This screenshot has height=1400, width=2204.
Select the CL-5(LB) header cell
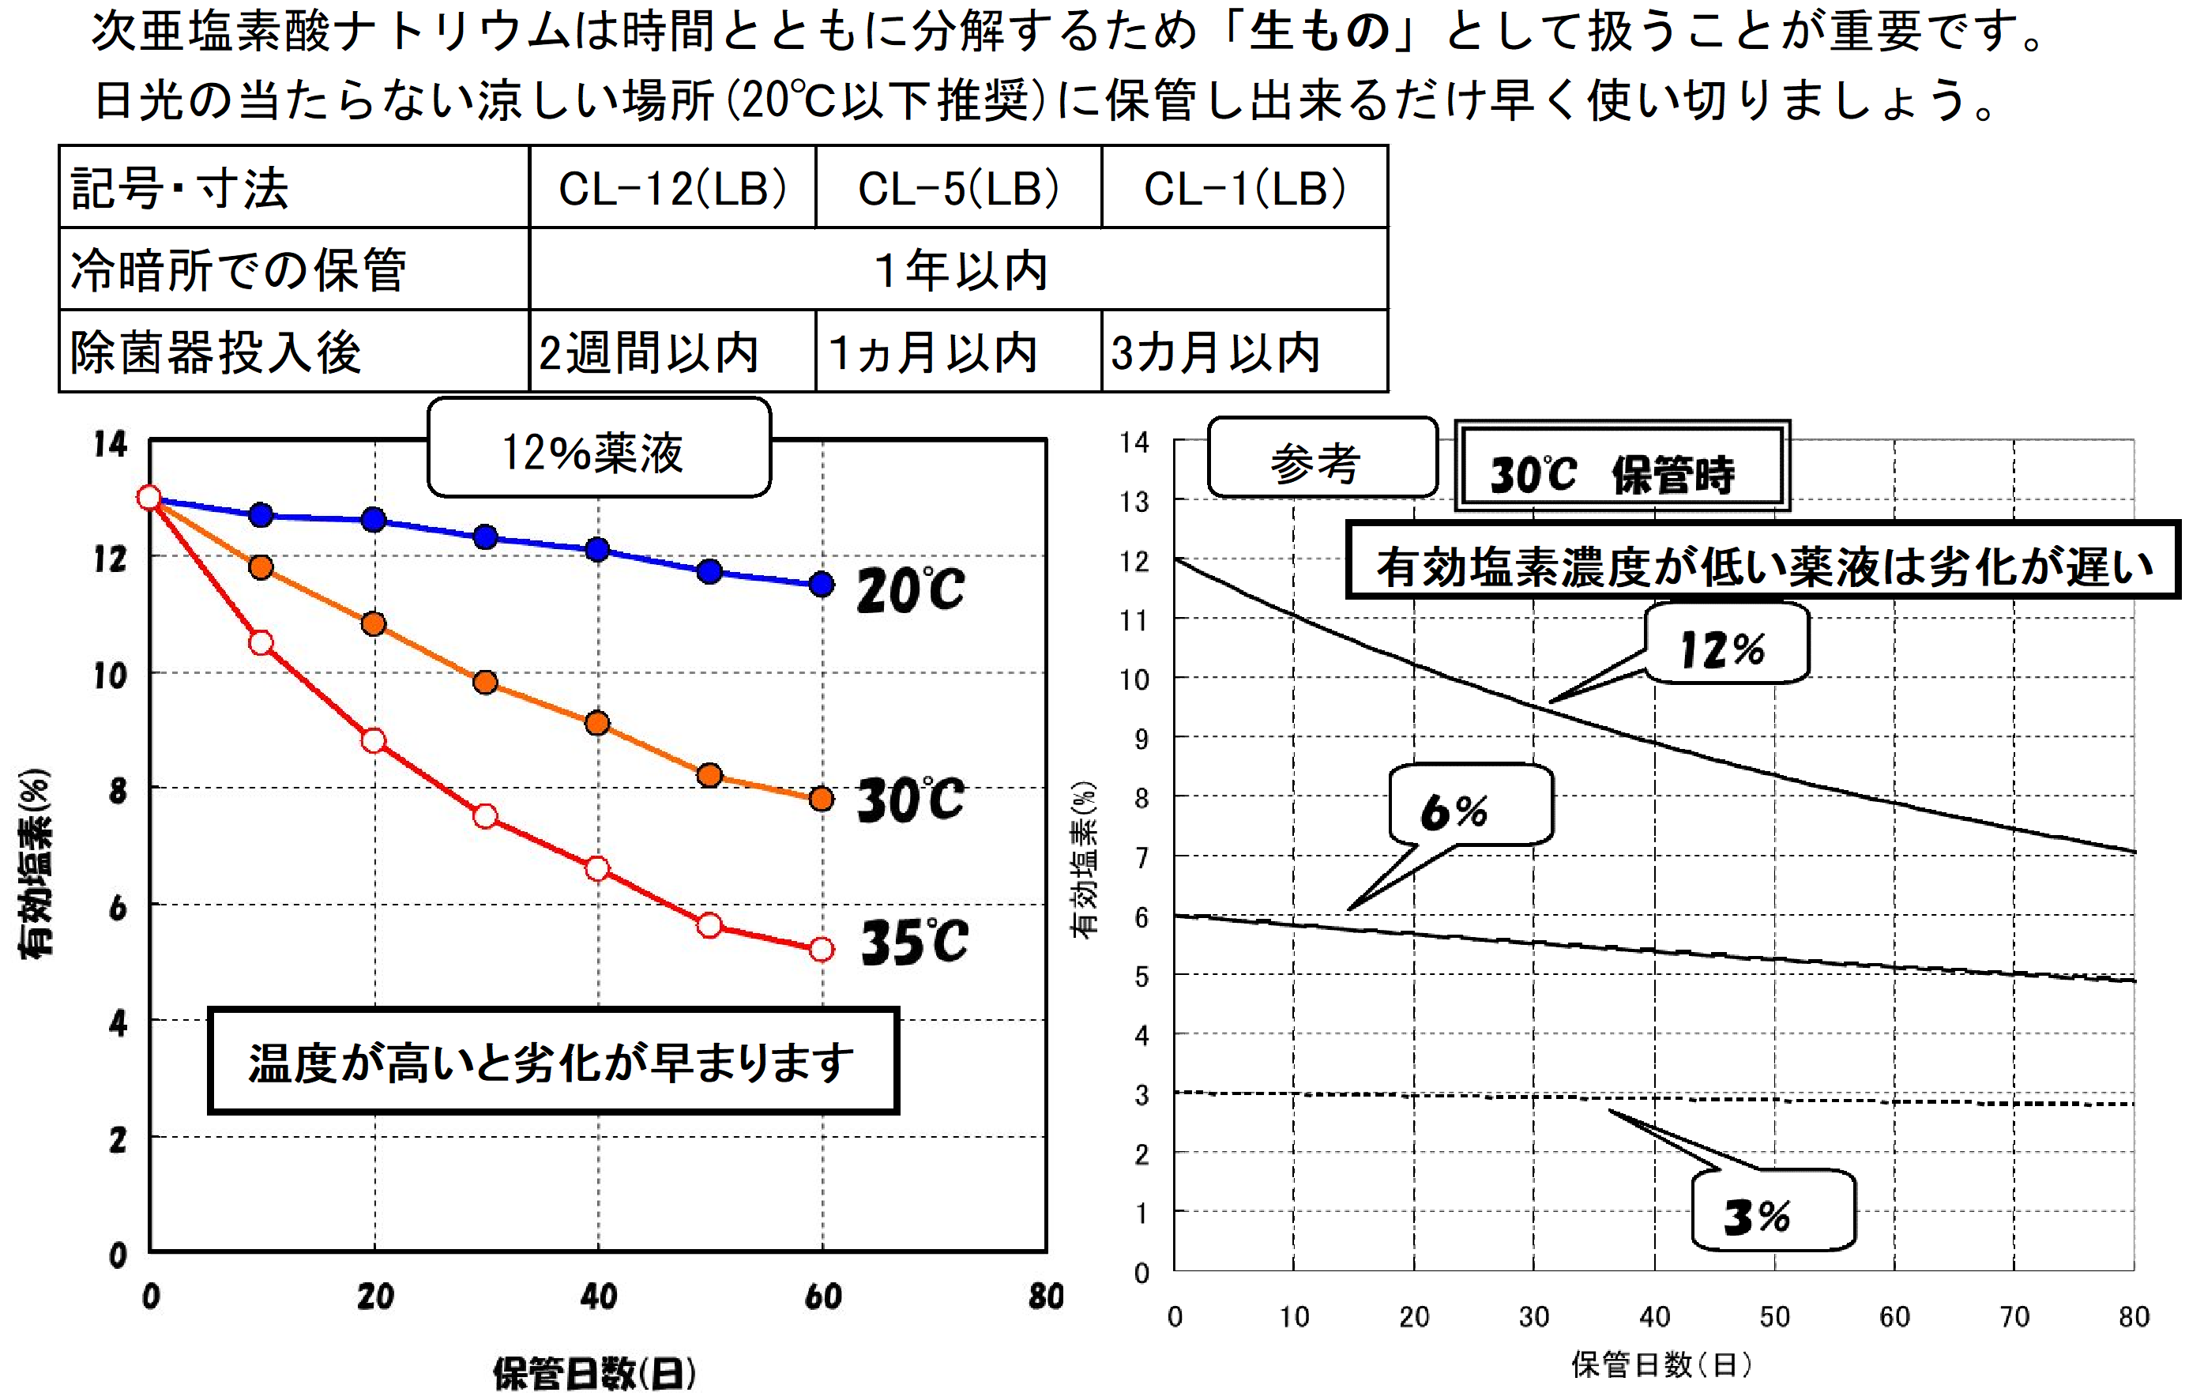pos(957,188)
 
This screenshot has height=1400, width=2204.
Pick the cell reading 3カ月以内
pos(1215,352)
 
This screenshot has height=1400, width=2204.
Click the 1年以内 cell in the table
pos(958,270)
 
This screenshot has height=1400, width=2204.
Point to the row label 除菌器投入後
pos(217,352)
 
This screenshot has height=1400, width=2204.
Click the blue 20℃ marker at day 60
pos(821,584)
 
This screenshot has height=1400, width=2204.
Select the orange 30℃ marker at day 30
pos(485,682)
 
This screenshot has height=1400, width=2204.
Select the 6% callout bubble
pos(1470,806)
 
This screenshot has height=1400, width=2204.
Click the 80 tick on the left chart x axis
pos(1045,1296)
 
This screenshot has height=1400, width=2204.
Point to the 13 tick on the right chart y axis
pos(1134,502)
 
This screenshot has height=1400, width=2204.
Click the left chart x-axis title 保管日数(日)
pos(594,1372)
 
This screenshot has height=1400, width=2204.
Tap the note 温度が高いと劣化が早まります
pos(552,1061)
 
